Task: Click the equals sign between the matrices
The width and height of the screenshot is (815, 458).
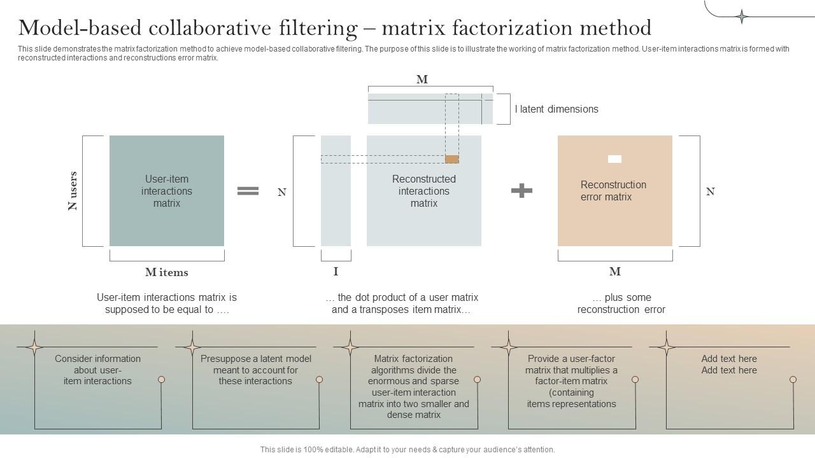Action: (248, 191)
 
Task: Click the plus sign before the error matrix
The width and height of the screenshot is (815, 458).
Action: (521, 190)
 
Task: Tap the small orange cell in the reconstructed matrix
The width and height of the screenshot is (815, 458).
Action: (451, 159)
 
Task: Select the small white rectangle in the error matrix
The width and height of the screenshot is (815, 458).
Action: (614, 159)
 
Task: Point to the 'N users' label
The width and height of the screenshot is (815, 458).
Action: (73, 191)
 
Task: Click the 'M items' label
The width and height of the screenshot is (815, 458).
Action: (167, 272)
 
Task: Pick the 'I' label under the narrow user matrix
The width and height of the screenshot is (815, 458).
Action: (336, 272)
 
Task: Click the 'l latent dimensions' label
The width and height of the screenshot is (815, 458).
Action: (556, 109)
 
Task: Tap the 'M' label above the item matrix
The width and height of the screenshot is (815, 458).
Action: (422, 80)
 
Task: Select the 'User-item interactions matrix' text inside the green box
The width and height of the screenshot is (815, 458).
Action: (167, 191)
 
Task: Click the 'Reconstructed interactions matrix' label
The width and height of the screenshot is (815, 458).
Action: (424, 191)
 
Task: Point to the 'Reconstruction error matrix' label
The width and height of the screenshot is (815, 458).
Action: (613, 191)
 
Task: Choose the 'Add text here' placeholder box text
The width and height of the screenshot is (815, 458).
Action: (729, 364)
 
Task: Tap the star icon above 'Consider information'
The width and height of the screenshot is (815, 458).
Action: (34, 347)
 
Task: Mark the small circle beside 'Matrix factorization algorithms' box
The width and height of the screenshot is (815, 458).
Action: (477, 380)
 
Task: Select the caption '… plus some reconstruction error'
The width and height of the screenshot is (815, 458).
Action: (621, 303)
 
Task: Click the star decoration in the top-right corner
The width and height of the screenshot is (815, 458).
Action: (742, 17)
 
